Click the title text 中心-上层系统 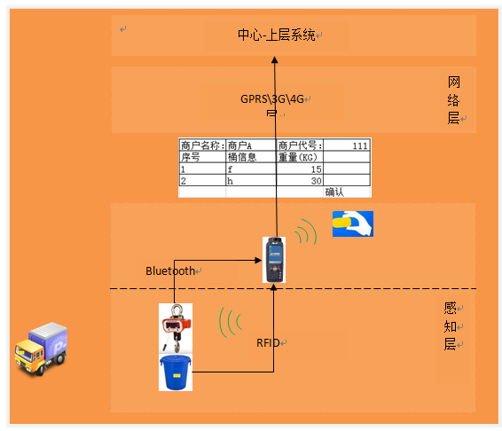277,35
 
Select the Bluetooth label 170,270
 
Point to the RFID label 269,341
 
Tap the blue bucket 176,372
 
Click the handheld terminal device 274,259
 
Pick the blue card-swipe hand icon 352,224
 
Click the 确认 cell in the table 335,192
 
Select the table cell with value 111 359,145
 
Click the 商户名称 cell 201,145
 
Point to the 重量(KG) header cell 298,157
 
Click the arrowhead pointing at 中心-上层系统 274,60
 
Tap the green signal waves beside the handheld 306,233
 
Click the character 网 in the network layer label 452,82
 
